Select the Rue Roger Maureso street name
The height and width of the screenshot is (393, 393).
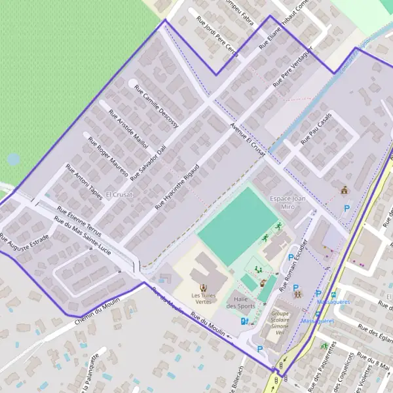pos(107,154)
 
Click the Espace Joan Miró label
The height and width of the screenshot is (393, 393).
pos(289,202)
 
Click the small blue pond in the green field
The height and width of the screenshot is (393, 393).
pos(13,159)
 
